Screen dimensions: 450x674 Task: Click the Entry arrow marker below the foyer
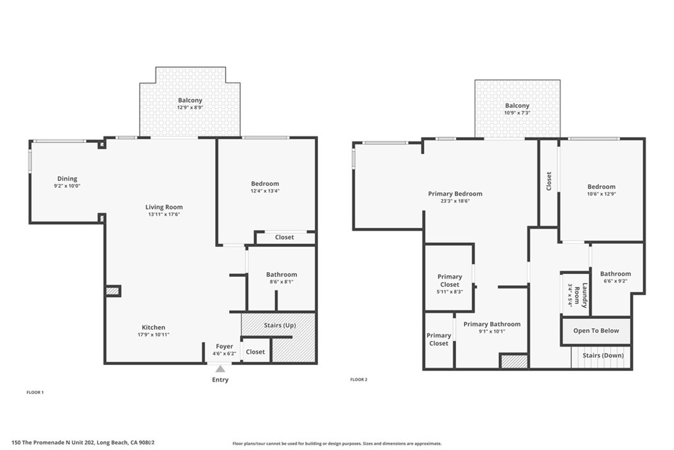tap(220, 369)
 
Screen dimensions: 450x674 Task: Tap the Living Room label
tap(164, 207)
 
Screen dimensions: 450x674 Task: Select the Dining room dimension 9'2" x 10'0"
tap(66, 186)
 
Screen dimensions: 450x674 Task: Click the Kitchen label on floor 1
tap(153, 327)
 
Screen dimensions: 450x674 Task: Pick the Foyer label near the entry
tap(224, 347)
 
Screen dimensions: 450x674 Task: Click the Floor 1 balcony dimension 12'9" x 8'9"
tap(190, 107)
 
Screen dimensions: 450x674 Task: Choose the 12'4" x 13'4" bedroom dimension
tap(265, 191)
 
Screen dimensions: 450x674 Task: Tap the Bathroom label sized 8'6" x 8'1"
tap(281, 275)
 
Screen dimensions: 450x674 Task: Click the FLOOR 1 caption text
tap(35, 392)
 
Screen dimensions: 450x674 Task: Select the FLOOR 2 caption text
tap(358, 380)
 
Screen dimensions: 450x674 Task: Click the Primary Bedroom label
tap(455, 194)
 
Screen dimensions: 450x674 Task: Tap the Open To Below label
tap(596, 331)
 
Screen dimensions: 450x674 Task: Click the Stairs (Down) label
tap(603, 356)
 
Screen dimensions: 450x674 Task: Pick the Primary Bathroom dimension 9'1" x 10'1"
tap(492, 331)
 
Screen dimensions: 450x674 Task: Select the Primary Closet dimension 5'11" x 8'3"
tap(450, 292)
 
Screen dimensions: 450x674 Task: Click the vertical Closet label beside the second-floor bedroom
tap(549, 181)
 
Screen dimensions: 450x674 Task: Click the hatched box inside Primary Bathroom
tap(514, 361)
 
